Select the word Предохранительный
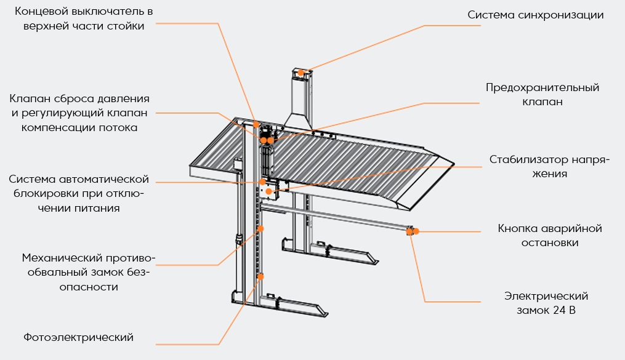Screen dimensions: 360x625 tap(542, 88)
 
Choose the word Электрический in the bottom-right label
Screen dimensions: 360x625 tap(546, 297)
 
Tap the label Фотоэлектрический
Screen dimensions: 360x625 tap(79, 337)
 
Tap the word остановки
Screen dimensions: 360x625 tap(549, 242)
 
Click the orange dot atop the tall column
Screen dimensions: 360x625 tap(301, 73)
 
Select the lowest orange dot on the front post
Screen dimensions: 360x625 tap(260, 277)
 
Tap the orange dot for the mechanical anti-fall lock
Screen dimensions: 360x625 tap(260, 228)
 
